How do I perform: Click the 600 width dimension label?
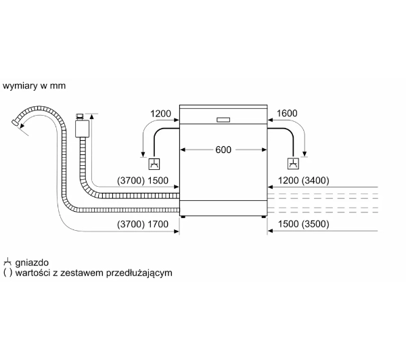pyautogui.click(x=223, y=150)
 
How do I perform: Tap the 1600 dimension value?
pyautogui.click(x=287, y=113)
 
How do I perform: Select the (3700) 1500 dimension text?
pyautogui.click(x=143, y=181)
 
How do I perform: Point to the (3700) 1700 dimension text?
pyautogui.click(x=143, y=224)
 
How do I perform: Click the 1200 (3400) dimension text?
pyautogui.click(x=303, y=181)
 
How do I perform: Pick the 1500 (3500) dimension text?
pyautogui.click(x=303, y=224)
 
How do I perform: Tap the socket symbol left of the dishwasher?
pyautogui.click(x=154, y=164)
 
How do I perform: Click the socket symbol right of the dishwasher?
pyautogui.click(x=293, y=164)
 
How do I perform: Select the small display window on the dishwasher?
pyautogui.click(x=223, y=120)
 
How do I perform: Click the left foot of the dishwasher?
pyautogui.click(x=183, y=217)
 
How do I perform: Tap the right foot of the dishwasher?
pyautogui.click(x=264, y=217)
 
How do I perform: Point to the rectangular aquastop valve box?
pyautogui.click(x=83, y=129)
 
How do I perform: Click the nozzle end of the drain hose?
pyautogui.click(x=15, y=122)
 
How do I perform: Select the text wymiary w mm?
pyautogui.click(x=34, y=86)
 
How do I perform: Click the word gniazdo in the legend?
pyautogui.click(x=32, y=263)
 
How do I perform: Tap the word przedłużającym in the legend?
pyautogui.click(x=139, y=273)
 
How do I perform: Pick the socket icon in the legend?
pyautogui.click(x=7, y=262)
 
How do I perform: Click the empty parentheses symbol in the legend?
pyautogui.click(x=7, y=273)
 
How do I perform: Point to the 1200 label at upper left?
pyautogui.click(x=160, y=114)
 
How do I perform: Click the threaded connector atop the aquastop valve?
pyautogui.click(x=79, y=116)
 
